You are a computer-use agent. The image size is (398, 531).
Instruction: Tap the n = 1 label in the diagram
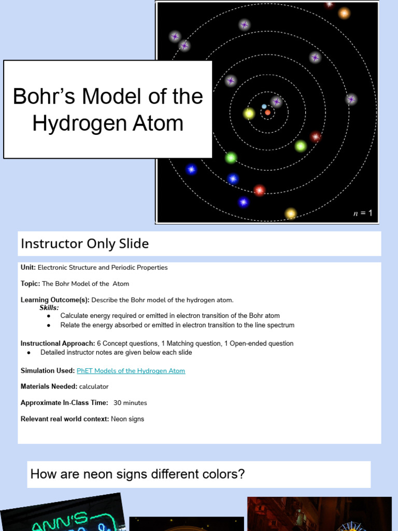click(x=363, y=213)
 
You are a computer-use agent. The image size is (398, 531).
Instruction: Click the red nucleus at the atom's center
click(x=267, y=112)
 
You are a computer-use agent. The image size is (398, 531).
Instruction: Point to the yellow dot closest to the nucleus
click(x=249, y=113)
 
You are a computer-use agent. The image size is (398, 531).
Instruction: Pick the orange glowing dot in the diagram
click(x=344, y=13)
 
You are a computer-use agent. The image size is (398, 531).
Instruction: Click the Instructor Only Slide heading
click(x=84, y=243)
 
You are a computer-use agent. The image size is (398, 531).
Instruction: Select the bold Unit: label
click(x=28, y=268)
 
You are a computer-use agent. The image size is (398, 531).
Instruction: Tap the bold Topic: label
click(x=30, y=284)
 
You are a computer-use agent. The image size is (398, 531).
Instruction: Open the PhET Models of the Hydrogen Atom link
click(x=131, y=371)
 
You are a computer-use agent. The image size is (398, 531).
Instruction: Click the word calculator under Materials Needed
click(x=94, y=386)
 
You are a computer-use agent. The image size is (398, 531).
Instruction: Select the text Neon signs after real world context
click(x=127, y=419)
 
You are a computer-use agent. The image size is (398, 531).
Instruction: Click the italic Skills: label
click(x=49, y=308)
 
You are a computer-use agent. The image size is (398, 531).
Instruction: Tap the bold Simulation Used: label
click(x=48, y=371)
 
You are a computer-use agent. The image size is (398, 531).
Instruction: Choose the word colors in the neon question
click(x=223, y=474)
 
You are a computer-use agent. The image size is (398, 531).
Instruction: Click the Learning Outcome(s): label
click(x=55, y=300)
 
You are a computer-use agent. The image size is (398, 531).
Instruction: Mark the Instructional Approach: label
click(x=58, y=343)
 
